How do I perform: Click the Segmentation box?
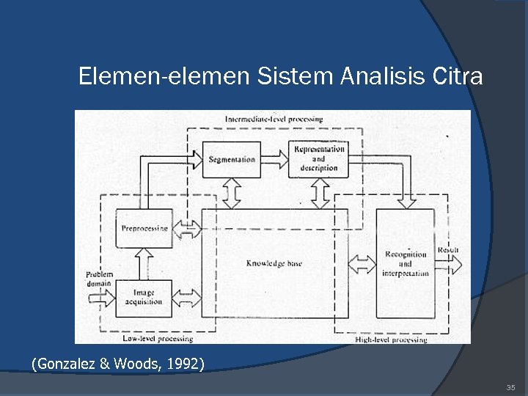point(231,159)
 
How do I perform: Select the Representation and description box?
point(318,158)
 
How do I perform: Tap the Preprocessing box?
point(144,228)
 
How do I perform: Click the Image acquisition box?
point(144,298)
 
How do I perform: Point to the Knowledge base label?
point(274,263)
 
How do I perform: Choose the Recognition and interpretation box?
point(405,264)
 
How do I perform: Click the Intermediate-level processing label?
point(274,119)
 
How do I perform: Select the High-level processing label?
point(390,340)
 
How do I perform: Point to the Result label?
point(448,250)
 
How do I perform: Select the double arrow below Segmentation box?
point(231,194)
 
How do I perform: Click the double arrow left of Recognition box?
point(362,263)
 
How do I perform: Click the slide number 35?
point(510,386)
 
